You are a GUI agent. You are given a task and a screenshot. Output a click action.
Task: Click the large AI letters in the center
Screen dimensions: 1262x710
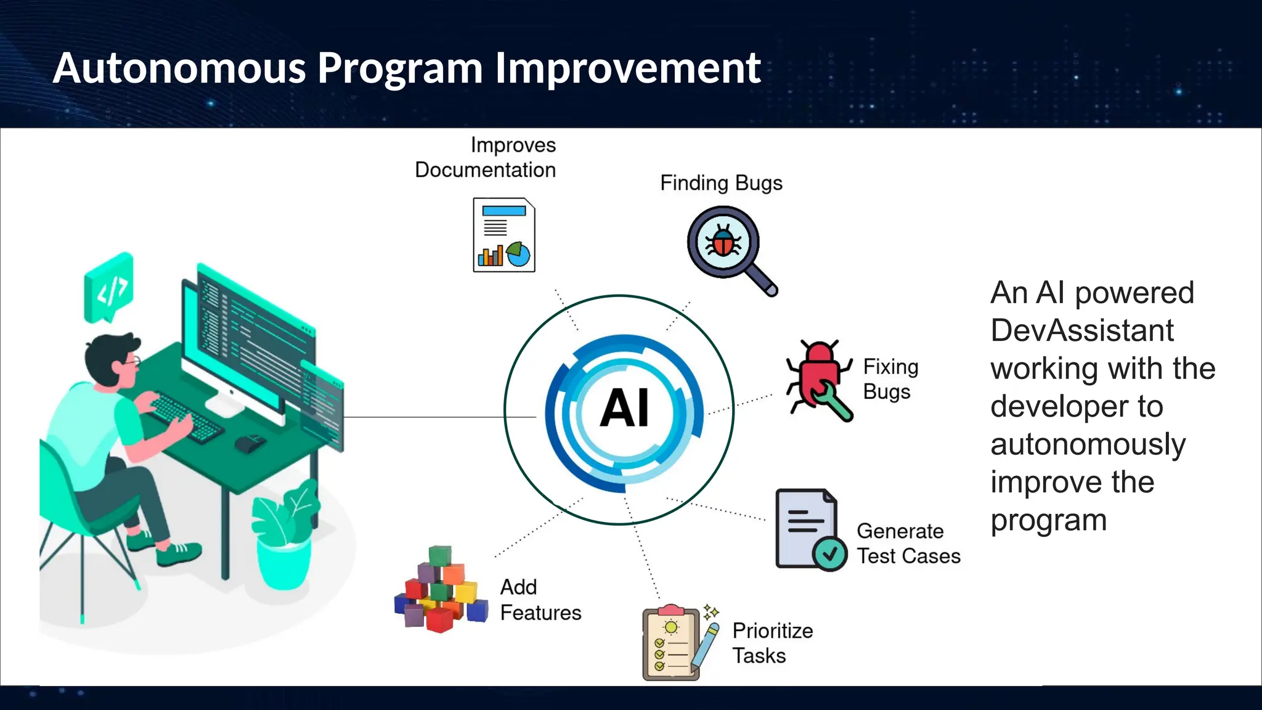pyautogui.click(x=624, y=408)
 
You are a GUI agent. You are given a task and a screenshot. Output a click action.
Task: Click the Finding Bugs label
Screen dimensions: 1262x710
pyautogui.click(x=721, y=183)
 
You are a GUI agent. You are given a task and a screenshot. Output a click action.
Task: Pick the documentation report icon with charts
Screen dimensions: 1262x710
pyautogui.click(x=503, y=235)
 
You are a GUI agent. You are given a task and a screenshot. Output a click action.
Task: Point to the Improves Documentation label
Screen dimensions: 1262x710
pyautogui.click(x=486, y=158)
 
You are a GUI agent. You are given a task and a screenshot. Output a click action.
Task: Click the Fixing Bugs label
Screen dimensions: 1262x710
pyautogui.click(x=890, y=379)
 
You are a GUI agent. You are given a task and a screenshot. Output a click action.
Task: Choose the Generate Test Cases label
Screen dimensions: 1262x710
pyautogui.click(x=908, y=544)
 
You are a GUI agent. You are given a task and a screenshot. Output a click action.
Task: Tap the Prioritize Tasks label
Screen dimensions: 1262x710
pyautogui.click(x=772, y=643)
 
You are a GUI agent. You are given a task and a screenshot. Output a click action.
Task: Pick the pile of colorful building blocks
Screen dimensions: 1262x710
pyautogui.click(x=441, y=590)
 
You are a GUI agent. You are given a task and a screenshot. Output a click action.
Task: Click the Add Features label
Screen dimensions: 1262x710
pyautogui.click(x=540, y=600)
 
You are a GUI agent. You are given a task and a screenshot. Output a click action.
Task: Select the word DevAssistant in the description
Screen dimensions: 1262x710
pyautogui.click(x=1082, y=330)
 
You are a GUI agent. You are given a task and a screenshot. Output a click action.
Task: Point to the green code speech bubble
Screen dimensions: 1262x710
pyautogui.click(x=108, y=287)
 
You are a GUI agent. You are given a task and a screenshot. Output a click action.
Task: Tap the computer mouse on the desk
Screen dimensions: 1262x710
pyautogui.click(x=250, y=443)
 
